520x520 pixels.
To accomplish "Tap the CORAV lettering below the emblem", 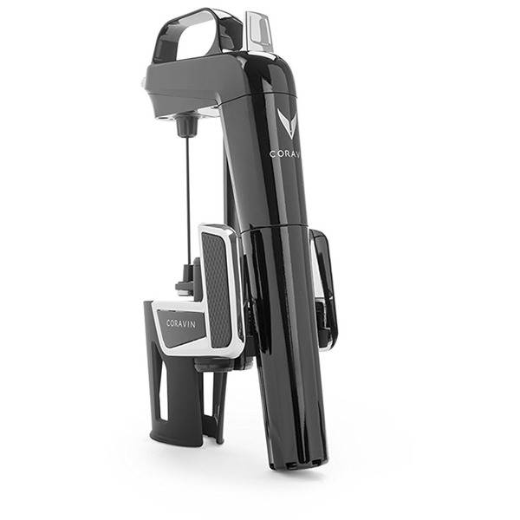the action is tap(285, 154).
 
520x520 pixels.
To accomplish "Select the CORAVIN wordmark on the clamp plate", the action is tap(181, 323).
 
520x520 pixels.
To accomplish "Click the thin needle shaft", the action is tap(188, 199).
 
